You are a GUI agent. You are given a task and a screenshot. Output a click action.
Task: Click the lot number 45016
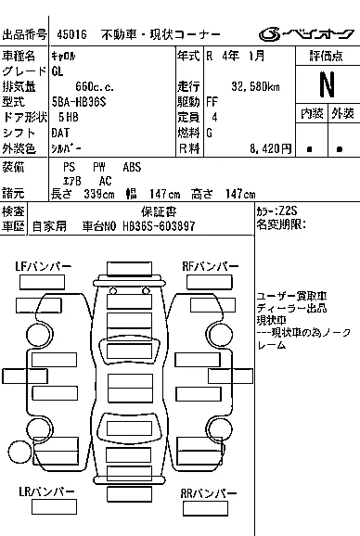(71, 34)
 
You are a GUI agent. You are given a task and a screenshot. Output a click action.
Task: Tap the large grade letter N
(328, 84)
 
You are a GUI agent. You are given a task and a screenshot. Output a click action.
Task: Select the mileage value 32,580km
(255, 86)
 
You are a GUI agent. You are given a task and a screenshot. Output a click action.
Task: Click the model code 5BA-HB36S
(79, 102)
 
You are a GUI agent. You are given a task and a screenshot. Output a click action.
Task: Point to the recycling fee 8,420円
(270, 148)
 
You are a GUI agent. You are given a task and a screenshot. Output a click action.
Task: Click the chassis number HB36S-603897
(159, 226)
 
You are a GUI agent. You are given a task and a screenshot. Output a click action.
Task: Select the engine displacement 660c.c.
(95, 86)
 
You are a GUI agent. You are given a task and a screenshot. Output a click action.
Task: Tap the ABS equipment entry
(132, 167)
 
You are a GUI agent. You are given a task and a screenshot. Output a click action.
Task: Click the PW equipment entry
(99, 167)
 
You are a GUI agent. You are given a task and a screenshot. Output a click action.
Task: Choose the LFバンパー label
(43, 266)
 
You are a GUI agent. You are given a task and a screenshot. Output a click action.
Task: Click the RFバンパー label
(211, 266)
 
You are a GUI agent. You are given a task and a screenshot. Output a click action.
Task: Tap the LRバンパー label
(46, 491)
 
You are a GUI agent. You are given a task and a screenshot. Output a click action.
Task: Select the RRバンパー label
(209, 493)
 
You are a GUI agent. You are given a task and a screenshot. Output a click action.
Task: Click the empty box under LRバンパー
(54, 507)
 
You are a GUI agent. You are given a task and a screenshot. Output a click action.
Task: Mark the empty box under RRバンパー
(205, 509)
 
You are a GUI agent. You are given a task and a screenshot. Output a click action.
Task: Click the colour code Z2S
(288, 211)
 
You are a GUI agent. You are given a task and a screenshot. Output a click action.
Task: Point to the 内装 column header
(312, 113)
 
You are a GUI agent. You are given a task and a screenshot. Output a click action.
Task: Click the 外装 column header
(342, 113)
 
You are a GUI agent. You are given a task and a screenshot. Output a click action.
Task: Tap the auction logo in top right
(306, 34)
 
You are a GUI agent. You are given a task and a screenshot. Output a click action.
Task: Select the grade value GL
(58, 71)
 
